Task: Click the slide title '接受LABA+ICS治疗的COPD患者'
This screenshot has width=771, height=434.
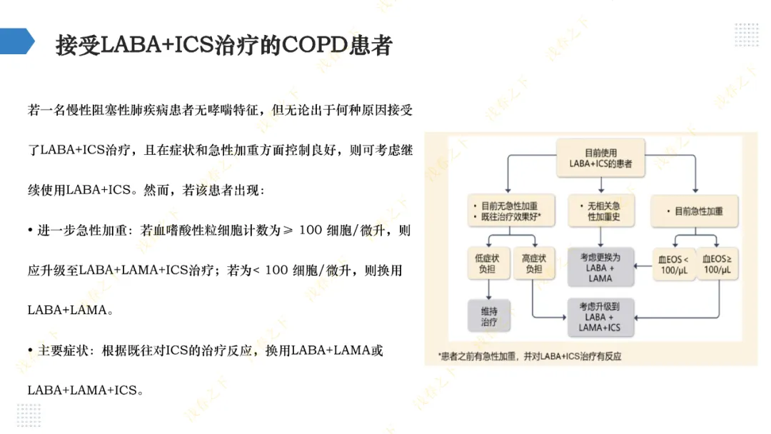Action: tap(224, 45)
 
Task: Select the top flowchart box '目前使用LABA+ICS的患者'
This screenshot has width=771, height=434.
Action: tap(600, 158)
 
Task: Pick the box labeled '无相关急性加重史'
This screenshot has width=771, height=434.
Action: tap(601, 211)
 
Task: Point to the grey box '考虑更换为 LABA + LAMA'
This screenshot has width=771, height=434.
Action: tap(600, 267)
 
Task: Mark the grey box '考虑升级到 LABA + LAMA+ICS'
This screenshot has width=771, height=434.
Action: tap(600, 317)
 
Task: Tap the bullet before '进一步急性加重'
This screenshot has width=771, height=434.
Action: tap(31, 231)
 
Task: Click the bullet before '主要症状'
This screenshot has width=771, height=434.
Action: tap(31, 350)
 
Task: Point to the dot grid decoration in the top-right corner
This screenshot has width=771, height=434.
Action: tap(747, 35)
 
